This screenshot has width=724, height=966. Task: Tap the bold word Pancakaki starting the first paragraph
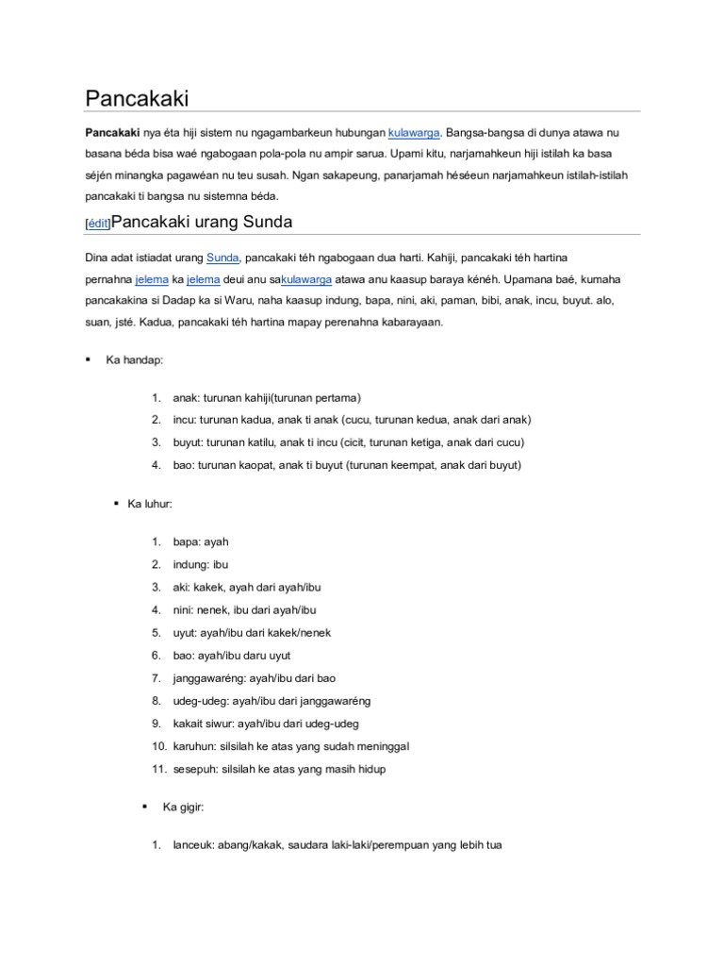click(x=113, y=133)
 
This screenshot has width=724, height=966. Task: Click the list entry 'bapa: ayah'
click(x=201, y=542)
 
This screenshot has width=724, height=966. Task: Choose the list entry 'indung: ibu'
click(x=201, y=565)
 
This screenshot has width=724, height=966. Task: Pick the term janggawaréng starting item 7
click(x=209, y=678)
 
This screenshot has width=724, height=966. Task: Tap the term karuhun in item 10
click(x=193, y=746)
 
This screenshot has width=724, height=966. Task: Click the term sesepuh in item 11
click(x=195, y=769)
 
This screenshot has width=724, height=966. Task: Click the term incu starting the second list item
click(x=183, y=420)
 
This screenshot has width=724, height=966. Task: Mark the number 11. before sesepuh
click(x=158, y=769)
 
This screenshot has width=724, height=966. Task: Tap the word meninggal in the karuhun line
click(x=381, y=746)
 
